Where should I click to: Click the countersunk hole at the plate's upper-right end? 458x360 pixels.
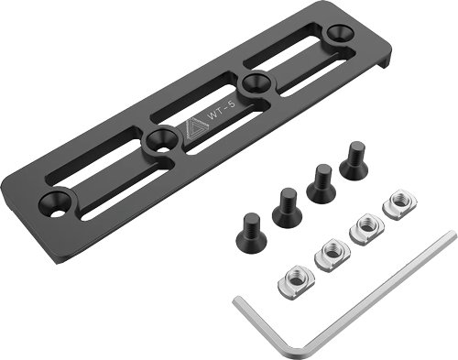tap(337, 34)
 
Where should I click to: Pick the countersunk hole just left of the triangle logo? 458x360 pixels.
tap(161, 140)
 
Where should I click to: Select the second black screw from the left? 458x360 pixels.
tap(287, 207)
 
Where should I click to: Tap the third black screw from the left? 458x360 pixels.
tap(320, 182)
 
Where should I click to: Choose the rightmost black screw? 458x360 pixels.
tap(353, 162)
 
